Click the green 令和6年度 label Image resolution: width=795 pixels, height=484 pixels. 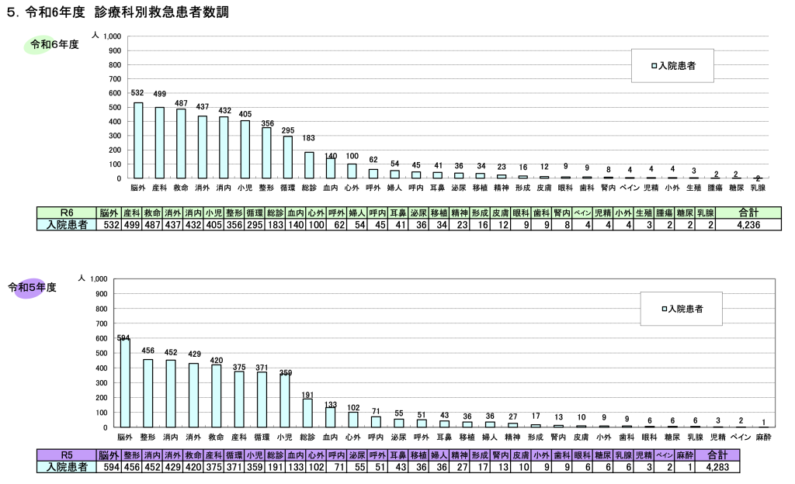coord(54,45)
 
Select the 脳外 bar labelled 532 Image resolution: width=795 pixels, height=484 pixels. coord(138,140)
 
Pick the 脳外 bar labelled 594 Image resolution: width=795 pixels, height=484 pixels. coord(124,383)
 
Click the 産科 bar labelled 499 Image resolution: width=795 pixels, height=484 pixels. coord(159,143)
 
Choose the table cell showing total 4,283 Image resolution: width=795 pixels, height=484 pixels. coord(718,467)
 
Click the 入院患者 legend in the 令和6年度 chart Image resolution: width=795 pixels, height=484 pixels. coord(672,66)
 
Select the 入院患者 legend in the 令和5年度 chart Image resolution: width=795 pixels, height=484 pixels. coord(682,309)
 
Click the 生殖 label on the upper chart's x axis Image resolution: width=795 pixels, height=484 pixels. coord(693,188)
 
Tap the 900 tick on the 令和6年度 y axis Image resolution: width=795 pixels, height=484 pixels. coord(114,50)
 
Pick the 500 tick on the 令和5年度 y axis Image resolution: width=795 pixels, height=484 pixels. coord(99,353)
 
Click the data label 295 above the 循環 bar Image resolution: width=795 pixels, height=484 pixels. coord(288,130)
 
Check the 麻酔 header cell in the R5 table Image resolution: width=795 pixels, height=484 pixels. coord(684,455)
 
